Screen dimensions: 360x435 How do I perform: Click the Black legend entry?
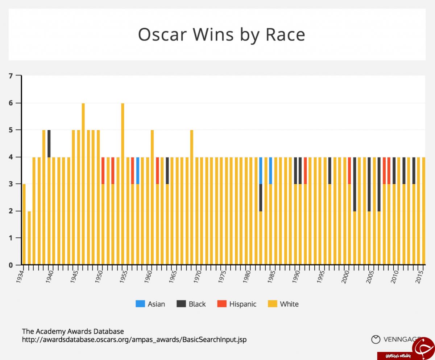click(191, 304)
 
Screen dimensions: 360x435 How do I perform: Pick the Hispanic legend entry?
click(237, 304)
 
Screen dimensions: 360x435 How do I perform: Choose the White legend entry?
click(283, 304)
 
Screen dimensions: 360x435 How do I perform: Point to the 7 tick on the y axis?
click(11, 76)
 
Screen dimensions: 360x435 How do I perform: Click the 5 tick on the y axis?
click(11, 130)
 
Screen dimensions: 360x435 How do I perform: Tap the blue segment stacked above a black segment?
click(261, 171)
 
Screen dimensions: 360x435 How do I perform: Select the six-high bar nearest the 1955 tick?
click(123, 181)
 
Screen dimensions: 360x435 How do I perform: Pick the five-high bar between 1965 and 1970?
click(192, 196)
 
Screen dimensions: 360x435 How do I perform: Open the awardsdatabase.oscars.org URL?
click(134, 340)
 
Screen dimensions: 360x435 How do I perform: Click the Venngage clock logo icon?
click(376, 339)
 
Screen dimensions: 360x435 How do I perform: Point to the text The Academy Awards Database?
click(73, 331)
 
